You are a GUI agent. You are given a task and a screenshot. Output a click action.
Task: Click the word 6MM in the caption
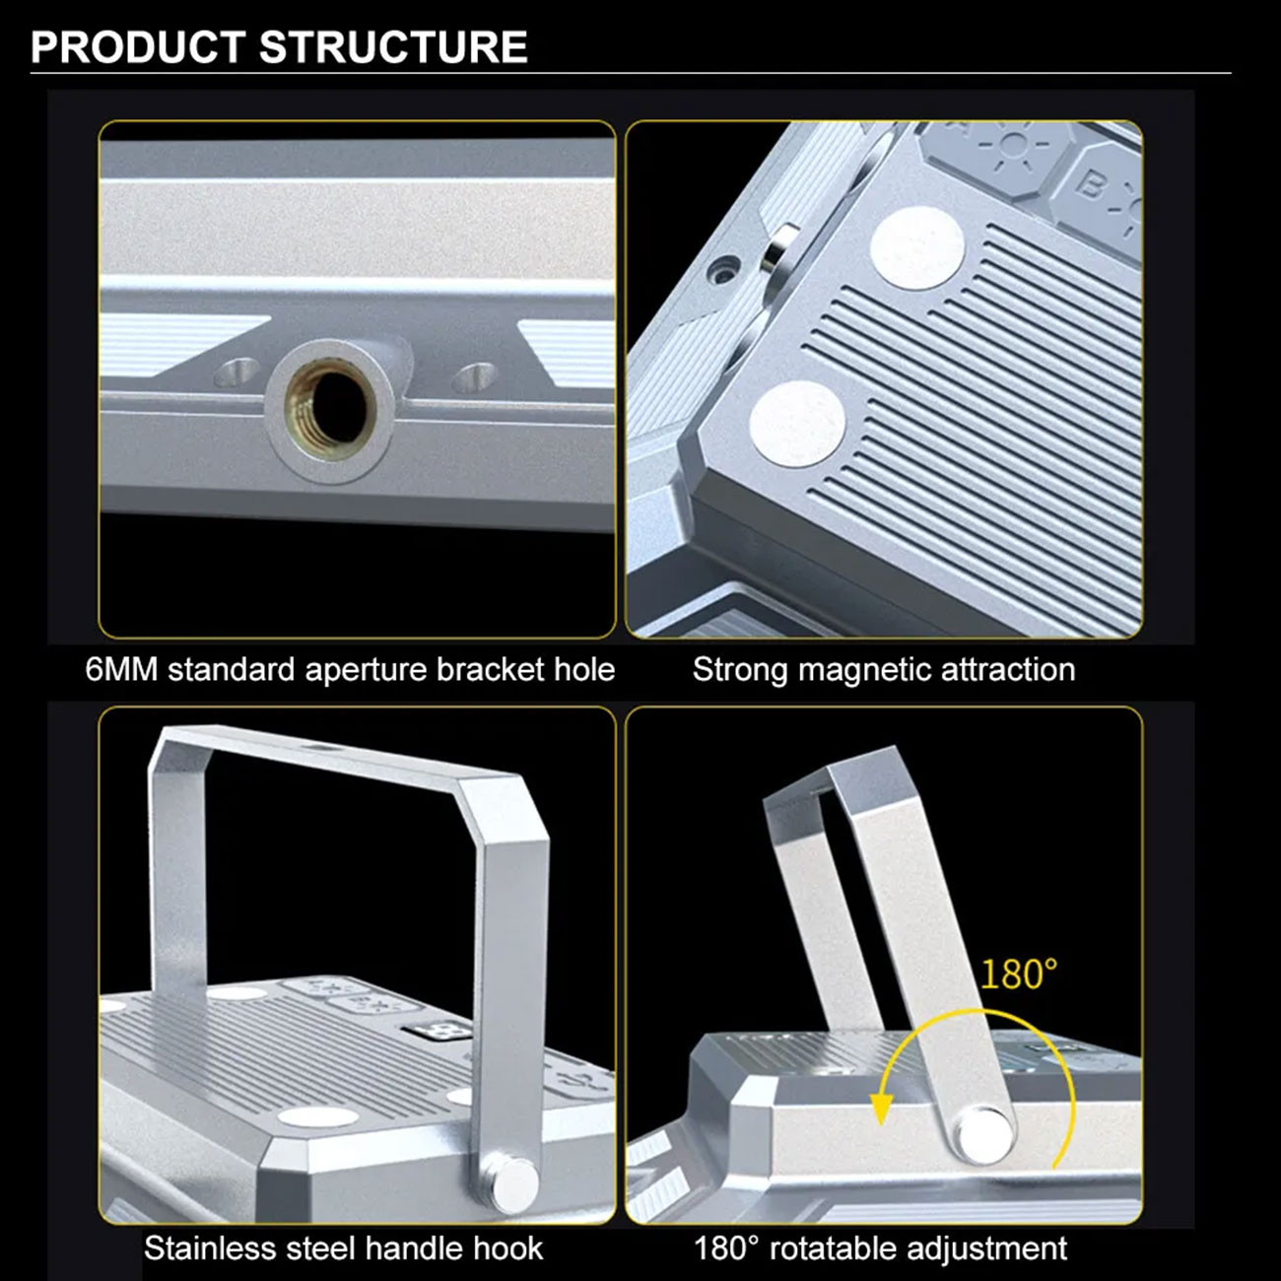click(122, 669)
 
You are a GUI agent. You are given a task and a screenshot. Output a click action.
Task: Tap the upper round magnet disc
click(917, 248)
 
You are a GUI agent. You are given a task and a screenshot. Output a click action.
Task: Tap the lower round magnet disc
click(797, 424)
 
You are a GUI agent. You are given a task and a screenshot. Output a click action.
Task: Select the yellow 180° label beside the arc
click(1019, 975)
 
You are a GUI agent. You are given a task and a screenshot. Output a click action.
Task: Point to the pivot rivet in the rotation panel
click(984, 1135)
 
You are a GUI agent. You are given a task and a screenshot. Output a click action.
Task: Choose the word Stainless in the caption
click(210, 1248)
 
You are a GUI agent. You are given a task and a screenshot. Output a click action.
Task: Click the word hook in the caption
click(508, 1248)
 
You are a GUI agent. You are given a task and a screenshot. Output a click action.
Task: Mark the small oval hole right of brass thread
click(473, 376)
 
